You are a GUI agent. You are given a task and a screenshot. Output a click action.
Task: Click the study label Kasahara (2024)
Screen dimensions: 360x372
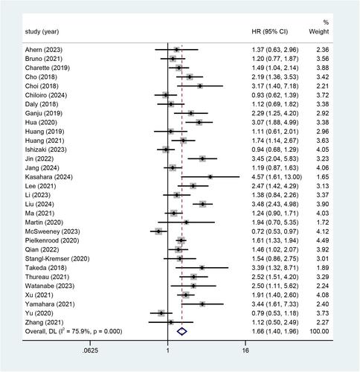pyautogui.click(x=49, y=177)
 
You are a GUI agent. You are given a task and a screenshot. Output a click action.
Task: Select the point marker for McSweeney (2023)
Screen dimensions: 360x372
pyautogui.click(x=158, y=231)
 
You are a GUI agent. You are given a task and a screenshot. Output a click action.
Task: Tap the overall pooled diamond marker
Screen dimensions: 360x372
pyautogui.click(x=181, y=331)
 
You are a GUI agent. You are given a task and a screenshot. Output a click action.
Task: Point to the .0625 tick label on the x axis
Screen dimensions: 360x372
pyautogui.click(x=90, y=350)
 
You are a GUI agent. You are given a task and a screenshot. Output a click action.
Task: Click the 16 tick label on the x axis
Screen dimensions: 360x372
pyautogui.click(x=245, y=350)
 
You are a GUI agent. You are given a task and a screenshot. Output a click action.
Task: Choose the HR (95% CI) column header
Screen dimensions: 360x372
pyautogui.click(x=270, y=31)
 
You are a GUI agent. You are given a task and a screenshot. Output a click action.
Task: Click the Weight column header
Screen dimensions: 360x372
pyautogui.click(x=319, y=31)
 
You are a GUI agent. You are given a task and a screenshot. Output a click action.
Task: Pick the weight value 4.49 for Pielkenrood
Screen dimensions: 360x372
pyautogui.click(x=323, y=240)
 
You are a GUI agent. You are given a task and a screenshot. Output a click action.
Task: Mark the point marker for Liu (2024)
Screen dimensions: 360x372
pyautogui.click(x=203, y=204)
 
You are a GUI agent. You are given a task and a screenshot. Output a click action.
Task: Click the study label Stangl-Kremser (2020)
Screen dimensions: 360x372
pyautogui.click(x=57, y=259)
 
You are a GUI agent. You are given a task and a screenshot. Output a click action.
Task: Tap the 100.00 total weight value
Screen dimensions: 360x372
pyautogui.click(x=319, y=331)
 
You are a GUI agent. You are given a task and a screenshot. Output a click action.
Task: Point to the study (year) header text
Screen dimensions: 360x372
pyautogui.click(x=42, y=32)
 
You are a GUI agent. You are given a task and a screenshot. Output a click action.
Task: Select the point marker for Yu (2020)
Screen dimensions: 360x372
pyautogui.click(x=161, y=313)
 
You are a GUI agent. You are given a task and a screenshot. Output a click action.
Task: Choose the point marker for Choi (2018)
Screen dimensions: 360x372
pyautogui.click(x=200, y=86)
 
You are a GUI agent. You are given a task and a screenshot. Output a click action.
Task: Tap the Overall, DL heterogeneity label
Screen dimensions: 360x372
pyautogui.click(x=74, y=331)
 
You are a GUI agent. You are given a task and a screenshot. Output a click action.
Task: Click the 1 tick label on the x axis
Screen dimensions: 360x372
pyautogui.click(x=168, y=350)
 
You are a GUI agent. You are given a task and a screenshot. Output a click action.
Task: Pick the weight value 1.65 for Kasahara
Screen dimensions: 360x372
pyautogui.click(x=323, y=177)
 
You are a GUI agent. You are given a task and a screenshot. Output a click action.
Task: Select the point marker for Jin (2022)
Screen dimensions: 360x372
pyautogui.click(x=202, y=158)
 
